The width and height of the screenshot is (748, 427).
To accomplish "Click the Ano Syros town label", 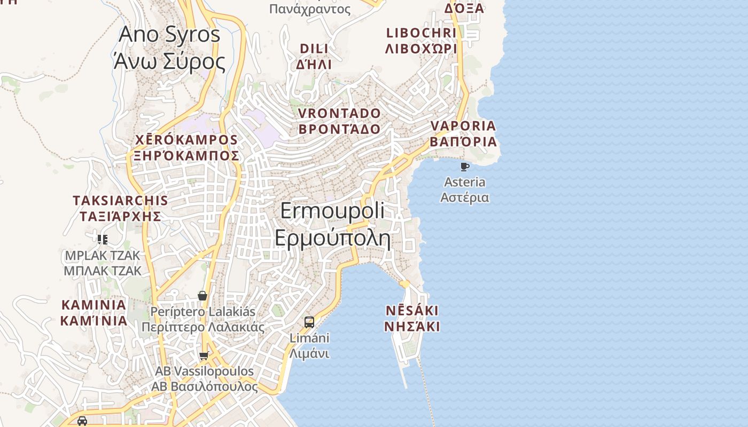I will click(169, 48).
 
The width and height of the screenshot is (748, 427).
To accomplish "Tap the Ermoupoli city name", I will click(332, 224).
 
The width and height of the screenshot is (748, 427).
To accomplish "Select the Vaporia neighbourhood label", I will click(464, 134).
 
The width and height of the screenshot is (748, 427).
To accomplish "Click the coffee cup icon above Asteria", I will click(464, 167).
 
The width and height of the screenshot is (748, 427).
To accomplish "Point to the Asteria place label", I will click(464, 189).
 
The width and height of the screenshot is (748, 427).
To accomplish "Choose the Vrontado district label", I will click(339, 121).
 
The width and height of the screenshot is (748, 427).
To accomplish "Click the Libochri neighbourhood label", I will click(421, 41).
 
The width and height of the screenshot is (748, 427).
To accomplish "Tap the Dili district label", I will click(315, 57).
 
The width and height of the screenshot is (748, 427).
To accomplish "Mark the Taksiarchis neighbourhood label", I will click(120, 208).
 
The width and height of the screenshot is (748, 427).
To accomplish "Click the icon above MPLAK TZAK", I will click(103, 239).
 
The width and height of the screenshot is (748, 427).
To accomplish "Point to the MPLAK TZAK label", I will click(103, 263).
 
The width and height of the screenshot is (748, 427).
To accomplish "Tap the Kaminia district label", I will click(94, 313).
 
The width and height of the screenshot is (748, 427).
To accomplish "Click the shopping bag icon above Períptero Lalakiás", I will click(202, 296).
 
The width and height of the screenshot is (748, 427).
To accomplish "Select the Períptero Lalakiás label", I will click(203, 319).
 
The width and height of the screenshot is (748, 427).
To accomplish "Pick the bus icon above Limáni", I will click(309, 322).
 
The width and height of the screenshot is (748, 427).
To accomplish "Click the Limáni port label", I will click(309, 345).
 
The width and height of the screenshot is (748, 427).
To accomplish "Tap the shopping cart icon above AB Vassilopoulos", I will click(204, 356).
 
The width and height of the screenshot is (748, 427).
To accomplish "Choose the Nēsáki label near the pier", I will click(412, 319).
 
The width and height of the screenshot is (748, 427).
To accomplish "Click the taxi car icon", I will click(82, 421).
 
